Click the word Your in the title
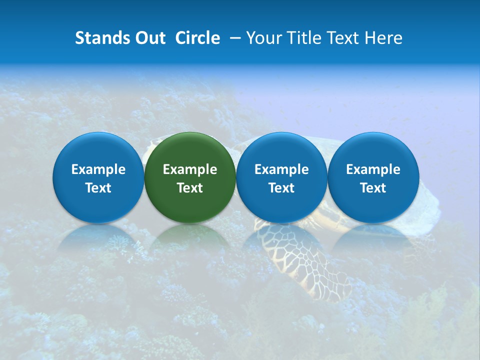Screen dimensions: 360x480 click(263, 38)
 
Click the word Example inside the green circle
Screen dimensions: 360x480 click(190, 169)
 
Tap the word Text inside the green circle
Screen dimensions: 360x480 click(190, 188)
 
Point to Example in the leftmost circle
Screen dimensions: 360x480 click(98, 169)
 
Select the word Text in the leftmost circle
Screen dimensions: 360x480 click(98, 188)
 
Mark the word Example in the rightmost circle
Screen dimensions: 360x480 click(373, 169)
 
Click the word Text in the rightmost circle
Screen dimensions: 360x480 click(373, 188)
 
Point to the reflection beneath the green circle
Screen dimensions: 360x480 click(190, 237)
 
